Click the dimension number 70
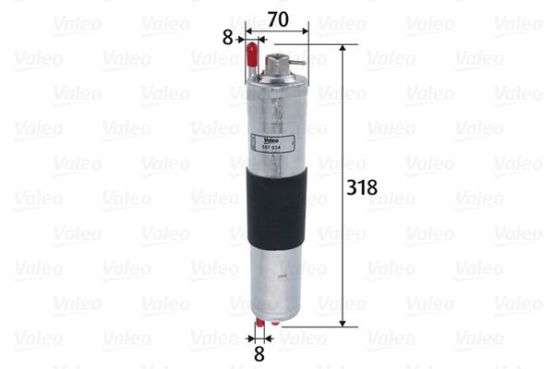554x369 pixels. click(x=277, y=17)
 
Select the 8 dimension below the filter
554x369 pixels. click(x=259, y=351)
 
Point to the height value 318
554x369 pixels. click(x=361, y=187)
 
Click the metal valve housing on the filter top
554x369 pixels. click(x=276, y=67)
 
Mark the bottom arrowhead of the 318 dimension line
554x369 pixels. click(x=343, y=323)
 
